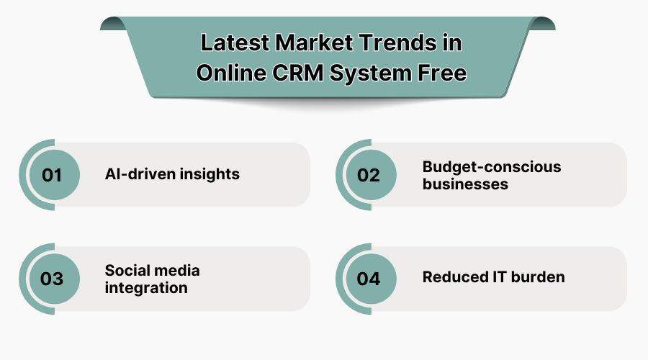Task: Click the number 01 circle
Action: coord(52,175)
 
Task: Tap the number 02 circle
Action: coord(369,175)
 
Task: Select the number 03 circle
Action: coord(52,279)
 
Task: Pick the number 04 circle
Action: coord(369,279)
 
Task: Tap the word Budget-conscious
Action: coord(492,167)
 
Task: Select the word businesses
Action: coord(465,184)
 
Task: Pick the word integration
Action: coord(146,287)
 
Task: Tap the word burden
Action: coord(539,277)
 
